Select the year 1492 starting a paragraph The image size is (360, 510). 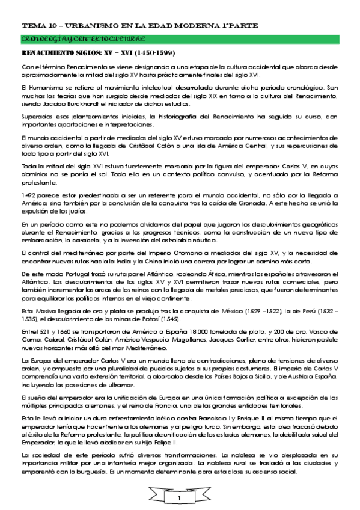pos(29,195)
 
